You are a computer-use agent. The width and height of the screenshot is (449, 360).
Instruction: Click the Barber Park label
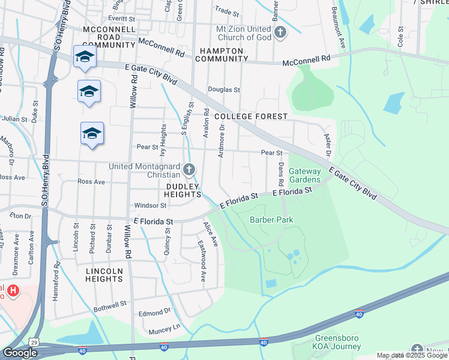(x=271, y=220)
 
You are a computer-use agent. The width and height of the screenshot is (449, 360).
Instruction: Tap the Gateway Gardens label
(x=305, y=175)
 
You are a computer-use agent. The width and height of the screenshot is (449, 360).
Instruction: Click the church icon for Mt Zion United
(x=280, y=32)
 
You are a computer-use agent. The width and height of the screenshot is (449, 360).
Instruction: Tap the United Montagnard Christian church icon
(x=189, y=170)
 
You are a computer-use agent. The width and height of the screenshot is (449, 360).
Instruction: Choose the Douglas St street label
(x=223, y=90)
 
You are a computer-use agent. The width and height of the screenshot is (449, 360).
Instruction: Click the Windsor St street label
(x=149, y=205)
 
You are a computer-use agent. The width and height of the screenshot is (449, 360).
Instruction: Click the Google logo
(x=20, y=353)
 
